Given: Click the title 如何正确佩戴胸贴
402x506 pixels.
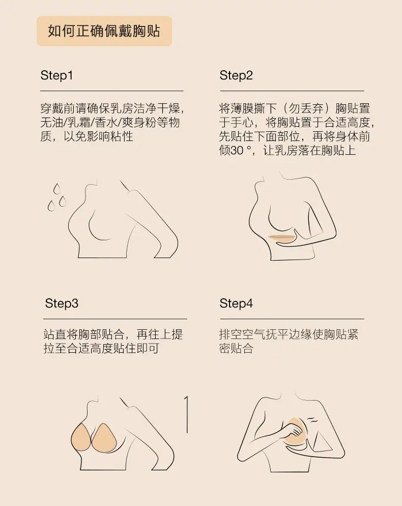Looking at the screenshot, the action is point(104,31).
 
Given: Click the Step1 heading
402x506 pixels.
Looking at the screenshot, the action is point(57,75).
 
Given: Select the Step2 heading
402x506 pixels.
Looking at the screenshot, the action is point(236,75).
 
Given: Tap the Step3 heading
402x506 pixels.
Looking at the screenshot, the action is point(62,303).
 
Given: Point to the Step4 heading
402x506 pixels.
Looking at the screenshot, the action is point(236,303).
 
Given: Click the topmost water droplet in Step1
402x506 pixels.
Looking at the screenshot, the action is point(57,188).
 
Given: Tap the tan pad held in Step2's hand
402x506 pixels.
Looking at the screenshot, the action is point(282,238).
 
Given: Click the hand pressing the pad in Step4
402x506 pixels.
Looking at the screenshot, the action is point(294,432).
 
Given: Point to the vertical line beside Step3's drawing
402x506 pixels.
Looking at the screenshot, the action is point(186,414).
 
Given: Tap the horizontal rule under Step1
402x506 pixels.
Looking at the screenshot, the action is point(112,91).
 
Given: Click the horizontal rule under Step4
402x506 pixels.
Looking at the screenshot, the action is point(292,319).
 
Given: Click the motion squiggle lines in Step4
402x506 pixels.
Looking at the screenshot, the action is point(312,420).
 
